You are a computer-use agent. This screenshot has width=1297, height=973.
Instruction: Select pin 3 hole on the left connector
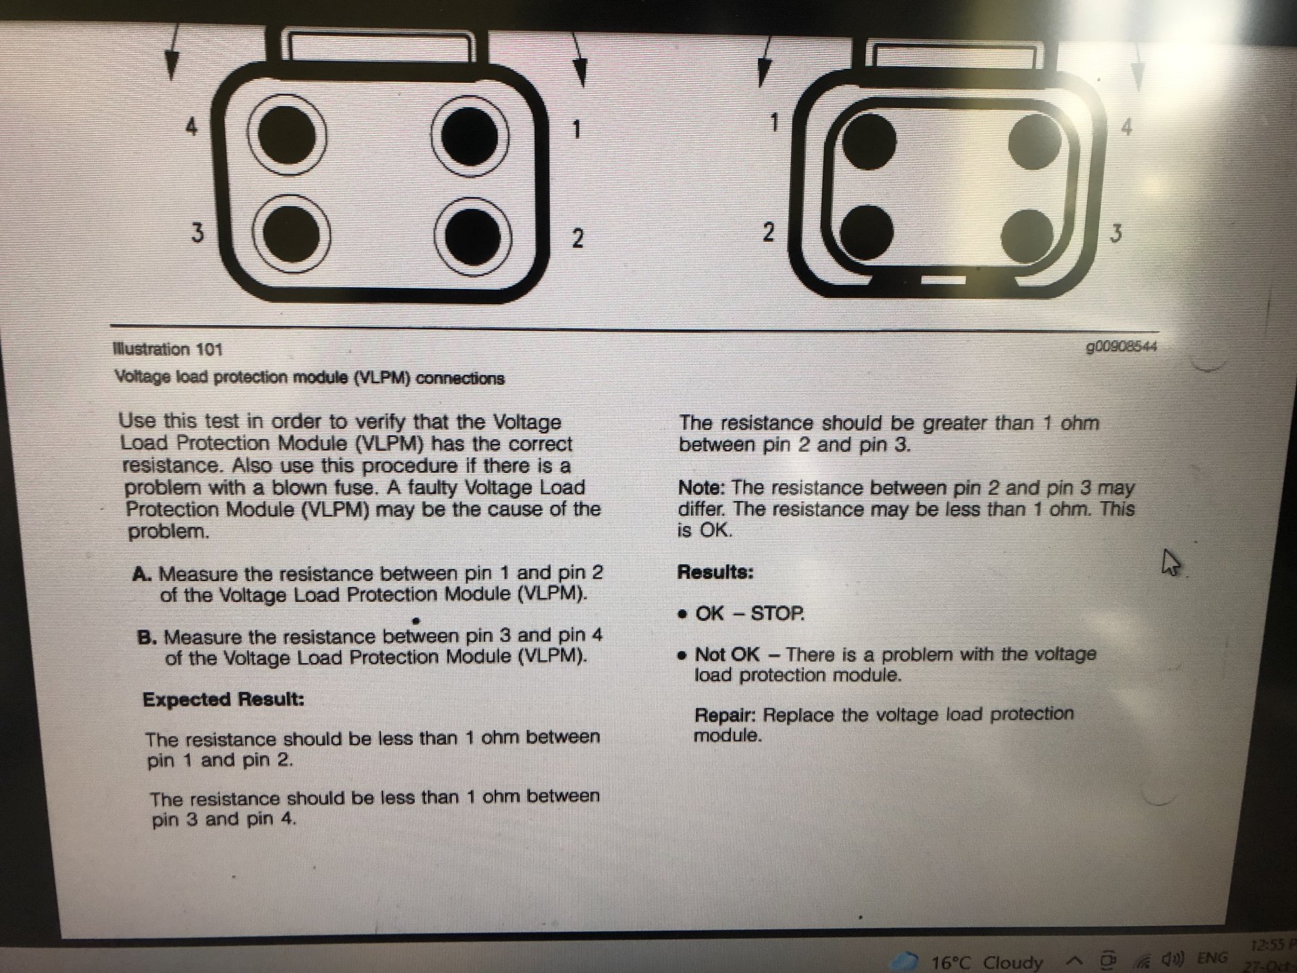click(291, 234)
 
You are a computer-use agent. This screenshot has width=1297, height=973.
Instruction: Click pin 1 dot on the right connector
click(869, 141)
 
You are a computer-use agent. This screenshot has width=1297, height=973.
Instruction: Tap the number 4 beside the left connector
click(192, 126)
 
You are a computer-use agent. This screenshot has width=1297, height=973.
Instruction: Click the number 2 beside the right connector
click(768, 232)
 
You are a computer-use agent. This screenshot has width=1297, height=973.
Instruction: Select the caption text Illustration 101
click(168, 349)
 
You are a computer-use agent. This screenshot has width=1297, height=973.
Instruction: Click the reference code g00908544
click(1121, 347)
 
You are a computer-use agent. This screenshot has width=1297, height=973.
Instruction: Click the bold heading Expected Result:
click(224, 699)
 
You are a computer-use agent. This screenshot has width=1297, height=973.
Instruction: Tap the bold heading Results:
click(715, 572)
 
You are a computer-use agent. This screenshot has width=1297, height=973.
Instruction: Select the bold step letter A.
click(142, 574)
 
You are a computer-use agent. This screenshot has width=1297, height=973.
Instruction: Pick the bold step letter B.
click(147, 637)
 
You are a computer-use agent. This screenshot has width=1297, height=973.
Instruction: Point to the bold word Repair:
click(725, 715)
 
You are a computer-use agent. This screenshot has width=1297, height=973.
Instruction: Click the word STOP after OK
click(778, 614)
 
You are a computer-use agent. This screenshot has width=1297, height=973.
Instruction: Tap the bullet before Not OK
click(684, 655)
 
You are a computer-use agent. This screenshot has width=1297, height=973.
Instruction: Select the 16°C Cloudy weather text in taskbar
click(987, 962)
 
